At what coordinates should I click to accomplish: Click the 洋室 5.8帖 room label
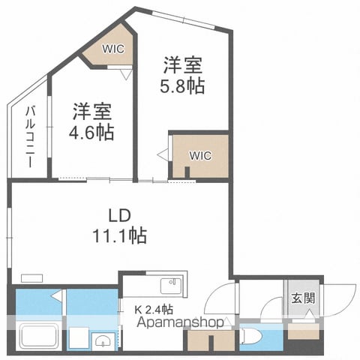point(182,76)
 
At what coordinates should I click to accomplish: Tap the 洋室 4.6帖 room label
point(91,121)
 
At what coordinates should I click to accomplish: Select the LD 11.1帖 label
point(119,226)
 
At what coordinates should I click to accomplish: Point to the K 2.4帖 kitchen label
point(154,310)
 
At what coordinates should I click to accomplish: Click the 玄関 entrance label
point(303,298)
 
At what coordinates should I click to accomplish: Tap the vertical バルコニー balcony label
point(30,136)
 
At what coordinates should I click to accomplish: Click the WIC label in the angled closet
point(113,49)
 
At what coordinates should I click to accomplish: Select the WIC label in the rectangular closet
point(200,155)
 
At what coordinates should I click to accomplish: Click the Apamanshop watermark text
point(180,322)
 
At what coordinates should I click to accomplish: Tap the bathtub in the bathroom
point(39,336)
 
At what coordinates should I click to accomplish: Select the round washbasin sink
point(103,341)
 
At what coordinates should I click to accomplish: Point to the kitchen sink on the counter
point(171,286)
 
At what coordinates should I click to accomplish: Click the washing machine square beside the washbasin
point(79,337)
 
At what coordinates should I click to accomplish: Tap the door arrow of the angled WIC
point(126,74)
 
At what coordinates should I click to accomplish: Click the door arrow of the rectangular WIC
point(163,154)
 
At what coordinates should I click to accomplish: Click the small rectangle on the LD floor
point(31,278)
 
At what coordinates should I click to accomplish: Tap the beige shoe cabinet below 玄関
point(304,331)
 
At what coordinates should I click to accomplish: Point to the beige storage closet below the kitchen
point(211,340)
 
